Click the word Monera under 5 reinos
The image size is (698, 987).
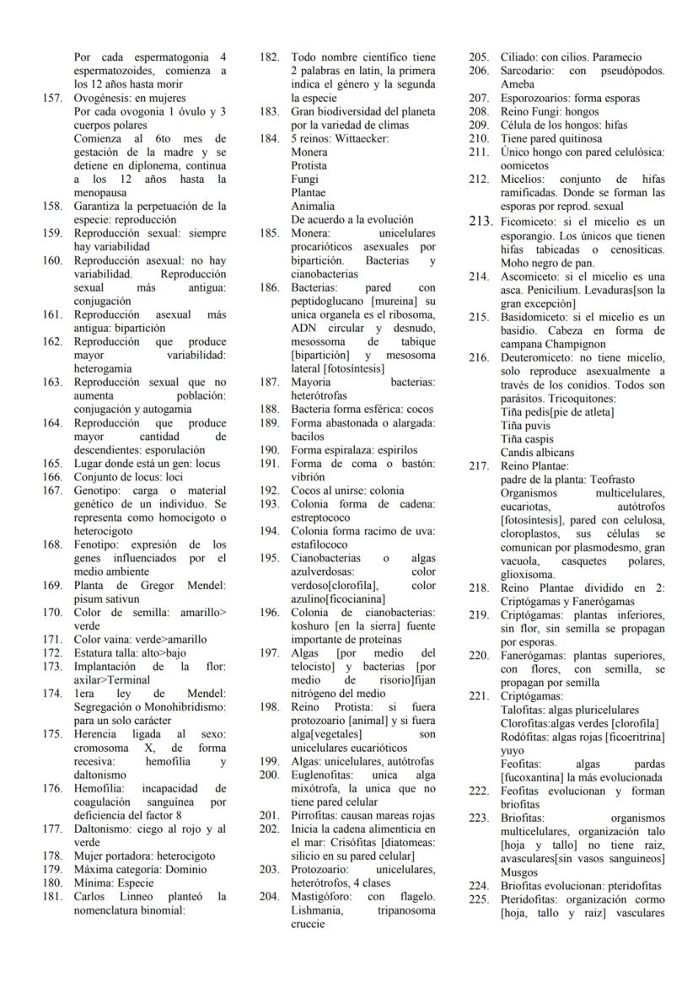309,152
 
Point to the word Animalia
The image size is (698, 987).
313,206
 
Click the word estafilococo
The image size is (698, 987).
319,544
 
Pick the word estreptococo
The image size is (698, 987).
321,518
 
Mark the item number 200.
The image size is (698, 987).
269,774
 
